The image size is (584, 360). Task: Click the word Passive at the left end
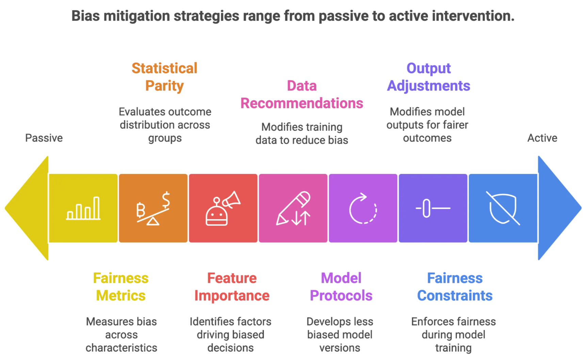pyautogui.click(x=44, y=138)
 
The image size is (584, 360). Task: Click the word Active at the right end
pyautogui.click(x=542, y=138)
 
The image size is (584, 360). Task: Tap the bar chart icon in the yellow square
pyautogui.click(x=83, y=208)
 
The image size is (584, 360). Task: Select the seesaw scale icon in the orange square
pyautogui.click(x=153, y=208)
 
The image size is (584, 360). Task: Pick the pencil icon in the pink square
pyautogui.click(x=293, y=208)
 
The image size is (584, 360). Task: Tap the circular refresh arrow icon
pyautogui.click(x=363, y=208)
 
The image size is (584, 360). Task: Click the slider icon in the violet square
pyautogui.click(x=433, y=208)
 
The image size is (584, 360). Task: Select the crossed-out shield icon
pyautogui.click(x=503, y=208)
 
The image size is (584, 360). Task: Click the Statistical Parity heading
pyautogui.click(x=164, y=77)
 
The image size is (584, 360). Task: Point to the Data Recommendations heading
pyautogui.click(x=302, y=95)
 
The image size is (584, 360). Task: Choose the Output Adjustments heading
pyautogui.click(x=428, y=77)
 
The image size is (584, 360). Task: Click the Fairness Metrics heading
pyautogui.click(x=121, y=287)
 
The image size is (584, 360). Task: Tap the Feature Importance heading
pyautogui.click(x=232, y=287)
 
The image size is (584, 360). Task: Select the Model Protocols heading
pyautogui.click(x=341, y=287)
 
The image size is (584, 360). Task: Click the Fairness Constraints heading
pyautogui.click(x=455, y=287)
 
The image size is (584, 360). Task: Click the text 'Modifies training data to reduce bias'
pyautogui.click(x=302, y=133)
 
